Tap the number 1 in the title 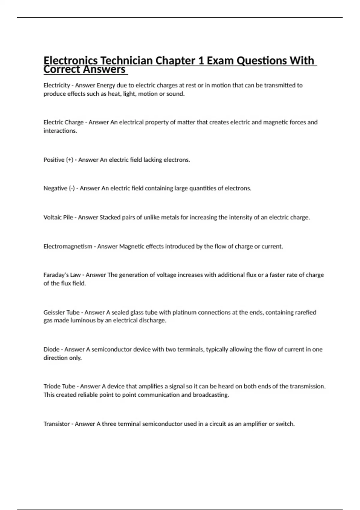200,61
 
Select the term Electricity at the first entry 57,85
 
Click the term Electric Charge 64,122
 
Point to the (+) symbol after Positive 69,160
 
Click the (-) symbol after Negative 72,188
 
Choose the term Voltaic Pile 58,217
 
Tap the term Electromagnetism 68,246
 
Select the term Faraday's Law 62,275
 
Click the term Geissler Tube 61,312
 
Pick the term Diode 51,349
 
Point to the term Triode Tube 59,386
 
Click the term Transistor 57,424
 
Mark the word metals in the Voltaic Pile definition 170,217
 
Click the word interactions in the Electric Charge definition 60,130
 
